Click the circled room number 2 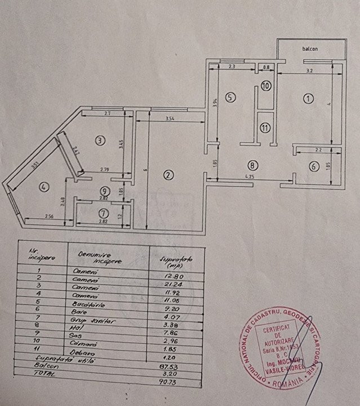(x=167, y=175)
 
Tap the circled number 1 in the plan (x=308, y=99)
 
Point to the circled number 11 (x=265, y=127)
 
